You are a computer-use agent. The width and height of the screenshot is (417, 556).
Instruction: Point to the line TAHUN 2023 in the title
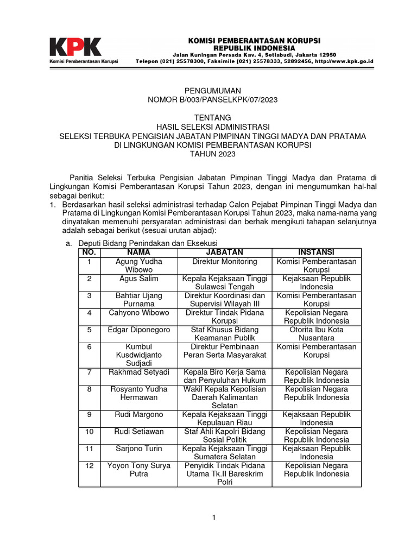[212, 155]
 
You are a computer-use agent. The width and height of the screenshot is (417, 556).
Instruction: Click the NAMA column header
[138, 252]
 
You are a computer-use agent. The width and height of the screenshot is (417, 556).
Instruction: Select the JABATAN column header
[224, 252]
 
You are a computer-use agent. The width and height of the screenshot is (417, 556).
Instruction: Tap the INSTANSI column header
[317, 252]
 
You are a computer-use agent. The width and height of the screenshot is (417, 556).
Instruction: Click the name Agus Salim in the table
[139, 279]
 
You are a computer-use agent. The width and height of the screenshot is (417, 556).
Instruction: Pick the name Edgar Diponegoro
[139, 330]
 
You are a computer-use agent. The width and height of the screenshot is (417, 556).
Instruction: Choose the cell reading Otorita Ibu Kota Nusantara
[317, 334]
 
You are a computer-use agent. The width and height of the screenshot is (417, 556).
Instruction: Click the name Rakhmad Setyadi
[139, 372]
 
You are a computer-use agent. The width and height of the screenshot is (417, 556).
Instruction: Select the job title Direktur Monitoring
[224, 262]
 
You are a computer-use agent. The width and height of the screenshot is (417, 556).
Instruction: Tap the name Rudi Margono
[139, 414]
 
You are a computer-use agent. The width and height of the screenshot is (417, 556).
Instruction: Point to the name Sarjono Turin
[139, 448]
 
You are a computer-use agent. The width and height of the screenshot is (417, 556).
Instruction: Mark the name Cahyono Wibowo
[139, 313]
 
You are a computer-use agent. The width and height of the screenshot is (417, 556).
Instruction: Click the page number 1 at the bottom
[214, 517]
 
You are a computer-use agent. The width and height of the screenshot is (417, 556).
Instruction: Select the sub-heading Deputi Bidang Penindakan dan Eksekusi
[150, 243]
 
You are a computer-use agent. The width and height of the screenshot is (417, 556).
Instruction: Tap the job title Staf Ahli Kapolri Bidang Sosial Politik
[224, 435]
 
